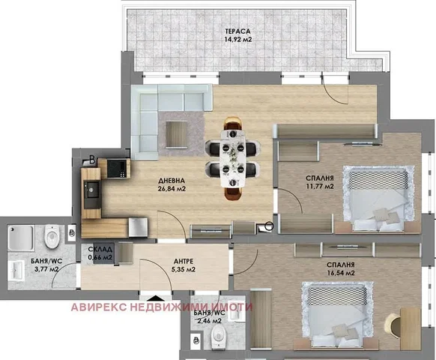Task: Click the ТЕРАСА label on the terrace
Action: tap(237, 31)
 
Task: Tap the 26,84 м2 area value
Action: tap(172, 189)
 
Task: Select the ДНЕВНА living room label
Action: tap(172, 181)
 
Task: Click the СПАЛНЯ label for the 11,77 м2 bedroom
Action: tap(319, 178)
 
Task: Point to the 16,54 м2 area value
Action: tap(341, 273)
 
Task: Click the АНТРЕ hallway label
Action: tap(184, 261)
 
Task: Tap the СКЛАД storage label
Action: tap(100, 250)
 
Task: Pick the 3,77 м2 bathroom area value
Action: tap(46, 269)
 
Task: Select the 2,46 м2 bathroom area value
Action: tap(209, 321)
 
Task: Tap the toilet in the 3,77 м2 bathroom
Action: tap(52, 236)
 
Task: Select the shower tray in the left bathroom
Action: tap(21, 238)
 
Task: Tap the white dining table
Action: tap(233, 158)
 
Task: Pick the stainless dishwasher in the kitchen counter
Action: tap(138, 228)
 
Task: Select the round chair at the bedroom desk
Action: tap(393, 325)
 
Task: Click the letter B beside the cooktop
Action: tap(92, 160)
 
